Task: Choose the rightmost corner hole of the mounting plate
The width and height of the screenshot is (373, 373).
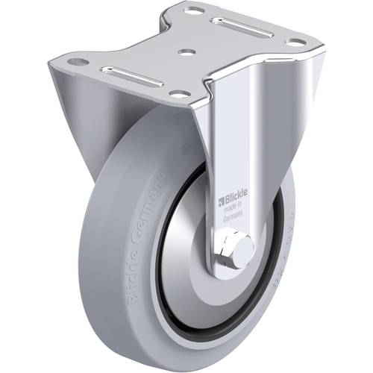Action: (297, 42)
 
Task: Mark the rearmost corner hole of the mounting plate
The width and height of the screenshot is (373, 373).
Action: (195, 10)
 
